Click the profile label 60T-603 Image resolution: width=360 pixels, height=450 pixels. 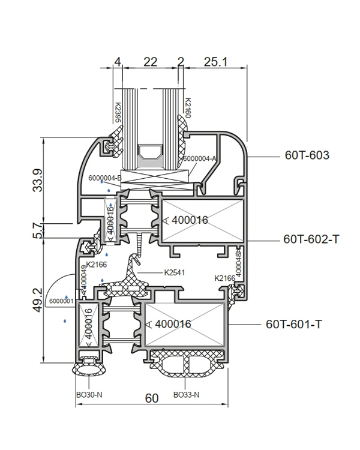click(x=307, y=155)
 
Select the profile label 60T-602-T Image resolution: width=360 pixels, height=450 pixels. click(x=311, y=239)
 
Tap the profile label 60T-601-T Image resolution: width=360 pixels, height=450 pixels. click(x=294, y=324)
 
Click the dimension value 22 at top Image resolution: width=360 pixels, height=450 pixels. click(x=150, y=61)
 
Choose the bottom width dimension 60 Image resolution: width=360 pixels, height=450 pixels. click(x=152, y=398)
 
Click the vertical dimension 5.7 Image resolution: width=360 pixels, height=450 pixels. click(x=37, y=229)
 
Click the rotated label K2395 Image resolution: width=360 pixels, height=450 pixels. click(x=117, y=113)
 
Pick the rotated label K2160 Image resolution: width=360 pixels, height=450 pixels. click(x=187, y=108)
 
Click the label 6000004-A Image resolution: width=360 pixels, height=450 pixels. click(x=200, y=158)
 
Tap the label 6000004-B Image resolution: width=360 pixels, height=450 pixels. click(x=104, y=178)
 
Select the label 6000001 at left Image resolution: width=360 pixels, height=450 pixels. click(x=61, y=300)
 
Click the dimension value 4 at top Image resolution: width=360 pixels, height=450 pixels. click(x=118, y=61)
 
